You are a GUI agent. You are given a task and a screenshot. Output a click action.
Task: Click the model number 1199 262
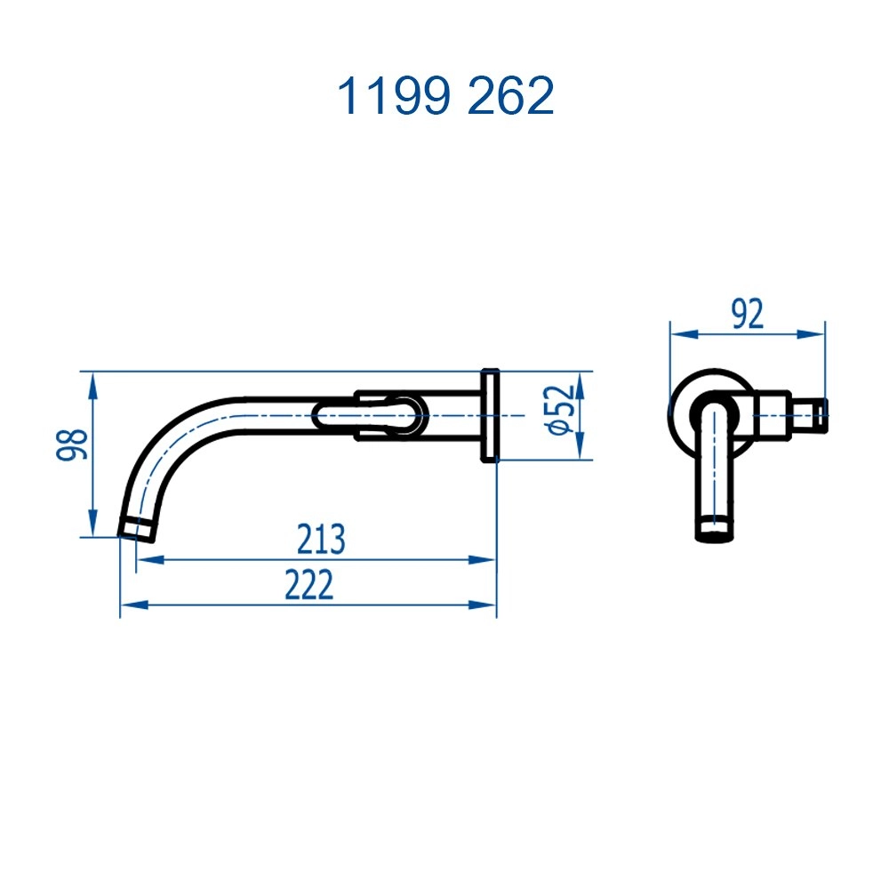coord(445,96)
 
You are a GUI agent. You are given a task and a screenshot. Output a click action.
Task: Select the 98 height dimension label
coord(72,444)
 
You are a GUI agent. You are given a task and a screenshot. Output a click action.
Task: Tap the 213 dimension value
coord(321,540)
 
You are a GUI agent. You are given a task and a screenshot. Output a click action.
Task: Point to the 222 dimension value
coord(309,585)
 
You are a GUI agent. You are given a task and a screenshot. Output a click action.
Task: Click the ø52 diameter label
coord(561,410)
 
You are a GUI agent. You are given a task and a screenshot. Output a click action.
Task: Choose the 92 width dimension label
coord(748,314)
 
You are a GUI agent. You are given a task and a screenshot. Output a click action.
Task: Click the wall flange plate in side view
coord(491,415)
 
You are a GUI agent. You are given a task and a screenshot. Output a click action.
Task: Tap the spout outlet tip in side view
coord(137,530)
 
